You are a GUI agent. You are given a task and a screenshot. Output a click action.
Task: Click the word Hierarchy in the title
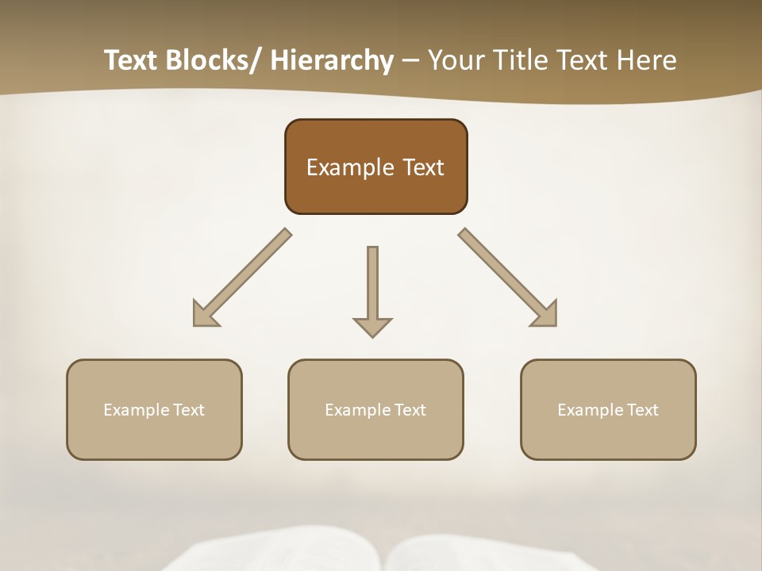point(332,60)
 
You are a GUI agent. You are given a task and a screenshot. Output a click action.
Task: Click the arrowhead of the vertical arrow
point(372,327)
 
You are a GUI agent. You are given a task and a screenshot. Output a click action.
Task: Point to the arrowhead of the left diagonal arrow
point(202,316)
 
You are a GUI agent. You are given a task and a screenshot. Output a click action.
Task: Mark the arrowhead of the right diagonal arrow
point(547,316)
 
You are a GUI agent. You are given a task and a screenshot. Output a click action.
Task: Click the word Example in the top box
point(349,167)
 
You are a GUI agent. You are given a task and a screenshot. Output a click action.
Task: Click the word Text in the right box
point(642,410)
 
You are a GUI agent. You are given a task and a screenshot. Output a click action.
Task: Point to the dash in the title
point(410,60)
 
